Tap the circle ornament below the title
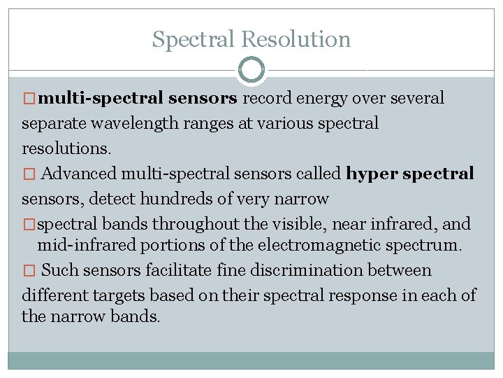click(251, 70)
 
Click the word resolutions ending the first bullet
click(65, 149)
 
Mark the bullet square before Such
click(28, 271)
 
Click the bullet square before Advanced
click(28, 174)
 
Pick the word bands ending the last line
click(135, 316)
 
